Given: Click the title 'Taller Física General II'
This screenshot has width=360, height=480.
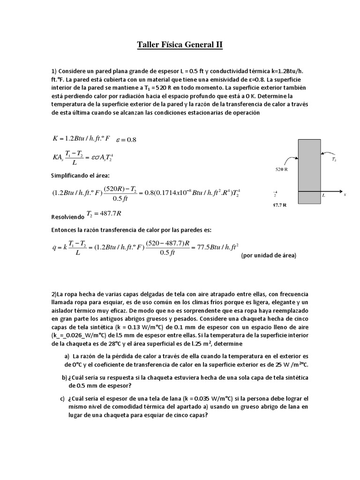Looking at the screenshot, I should click(x=180, y=45).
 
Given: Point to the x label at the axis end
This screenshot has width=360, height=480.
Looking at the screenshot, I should click(x=345, y=194).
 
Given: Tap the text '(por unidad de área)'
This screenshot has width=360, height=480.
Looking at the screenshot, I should click(x=269, y=255).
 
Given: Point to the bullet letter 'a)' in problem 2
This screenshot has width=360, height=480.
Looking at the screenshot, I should click(x=68, y=356).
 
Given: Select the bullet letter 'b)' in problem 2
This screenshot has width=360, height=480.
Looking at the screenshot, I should click(x=65, y=377).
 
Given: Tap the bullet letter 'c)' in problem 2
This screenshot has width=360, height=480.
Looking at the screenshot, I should click(x=62, y=398).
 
